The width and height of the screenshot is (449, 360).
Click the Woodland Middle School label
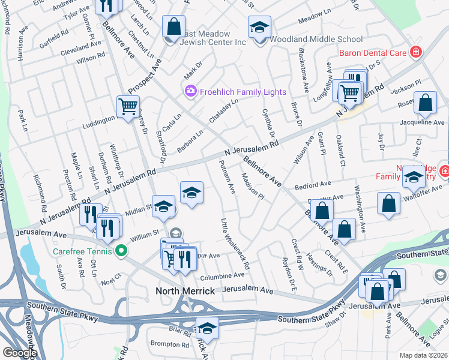[316, 39]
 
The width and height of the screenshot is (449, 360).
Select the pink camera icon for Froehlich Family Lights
[191, 92]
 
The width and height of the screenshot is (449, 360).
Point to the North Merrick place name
[185, 291]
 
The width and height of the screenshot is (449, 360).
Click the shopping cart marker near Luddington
[128, 107]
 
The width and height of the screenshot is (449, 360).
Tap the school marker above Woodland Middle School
[260, 27]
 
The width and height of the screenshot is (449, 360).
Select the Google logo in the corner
[20, 353]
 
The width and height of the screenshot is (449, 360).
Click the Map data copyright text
[423, 355]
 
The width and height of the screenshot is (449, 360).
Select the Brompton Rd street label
[170, 344]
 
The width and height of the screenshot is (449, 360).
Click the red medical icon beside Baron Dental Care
[414, 53]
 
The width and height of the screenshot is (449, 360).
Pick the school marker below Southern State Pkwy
[207, 328]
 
